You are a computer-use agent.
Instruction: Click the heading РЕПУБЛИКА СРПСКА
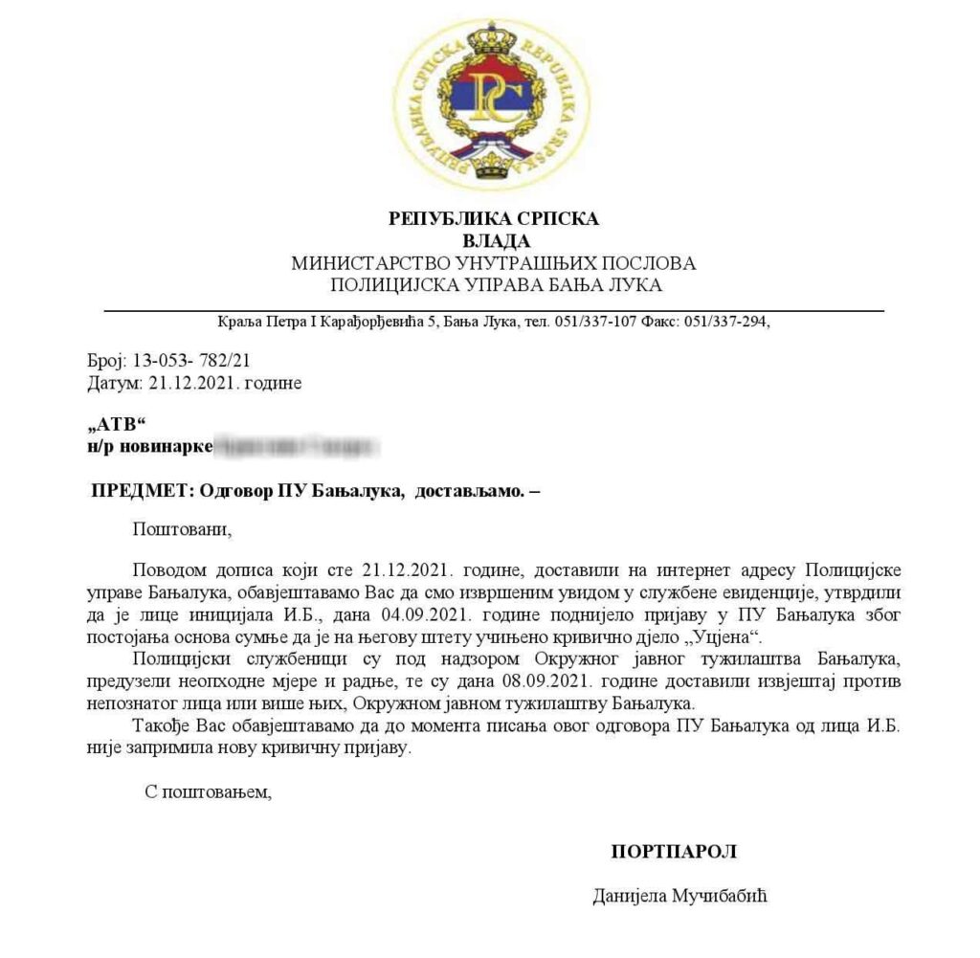[x=494, y=219]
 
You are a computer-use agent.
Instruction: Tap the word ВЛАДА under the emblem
[x=495, y=240]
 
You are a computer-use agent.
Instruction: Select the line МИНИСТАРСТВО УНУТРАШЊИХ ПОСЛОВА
[x=494, y=262]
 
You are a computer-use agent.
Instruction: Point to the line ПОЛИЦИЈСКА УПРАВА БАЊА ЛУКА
[x=495, y=284]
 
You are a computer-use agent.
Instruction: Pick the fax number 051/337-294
[x=724, y=322]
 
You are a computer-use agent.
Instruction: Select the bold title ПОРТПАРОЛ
[x=674, y=851]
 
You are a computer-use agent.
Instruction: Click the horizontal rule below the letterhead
[x=494, y=310]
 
